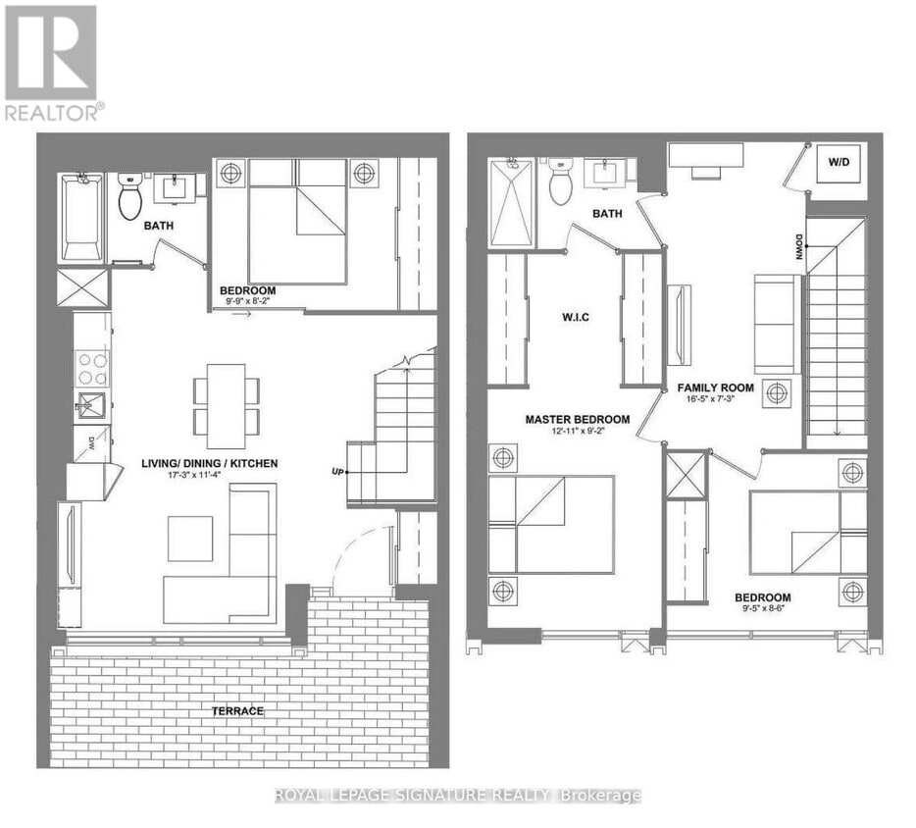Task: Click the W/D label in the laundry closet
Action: [840, 161]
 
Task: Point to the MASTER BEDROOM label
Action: [577, 419]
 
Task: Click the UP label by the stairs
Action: [338, 472]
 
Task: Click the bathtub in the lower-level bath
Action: [81, 218]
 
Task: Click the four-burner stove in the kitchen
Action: [92, 368]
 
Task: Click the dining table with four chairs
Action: [227, 399]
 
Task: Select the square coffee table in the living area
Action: [190, 538]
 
